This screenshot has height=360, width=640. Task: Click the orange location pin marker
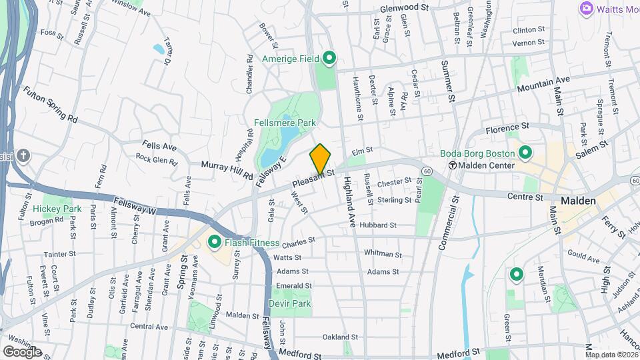click(320, 159)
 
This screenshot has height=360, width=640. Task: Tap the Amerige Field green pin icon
click(329, 59)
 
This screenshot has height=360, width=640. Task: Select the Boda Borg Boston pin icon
click(525, 153)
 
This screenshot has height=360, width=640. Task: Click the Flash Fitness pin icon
click(215, 242)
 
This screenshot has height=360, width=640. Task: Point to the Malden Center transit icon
click(452, 165)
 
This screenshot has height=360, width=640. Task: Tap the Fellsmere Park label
click(285, 123)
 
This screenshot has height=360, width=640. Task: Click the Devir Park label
click(290, 303)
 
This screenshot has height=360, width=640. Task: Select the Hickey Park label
click(57, 209)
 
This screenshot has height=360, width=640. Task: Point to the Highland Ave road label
click(347, 200)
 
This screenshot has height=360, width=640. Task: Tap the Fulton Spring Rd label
click(50, 105)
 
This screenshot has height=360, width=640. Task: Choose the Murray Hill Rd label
click(227, 170)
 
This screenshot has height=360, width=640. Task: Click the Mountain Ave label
click(544, 83)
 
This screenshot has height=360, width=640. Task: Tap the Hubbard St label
click(378, 225)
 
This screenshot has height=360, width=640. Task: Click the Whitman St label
click(383, 254)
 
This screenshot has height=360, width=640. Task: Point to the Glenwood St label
click(404, 7)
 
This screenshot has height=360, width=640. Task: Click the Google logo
click(23, 351)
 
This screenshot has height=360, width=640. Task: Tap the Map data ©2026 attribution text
click(611, 355)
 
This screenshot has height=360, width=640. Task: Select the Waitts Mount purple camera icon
click(587, 8)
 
